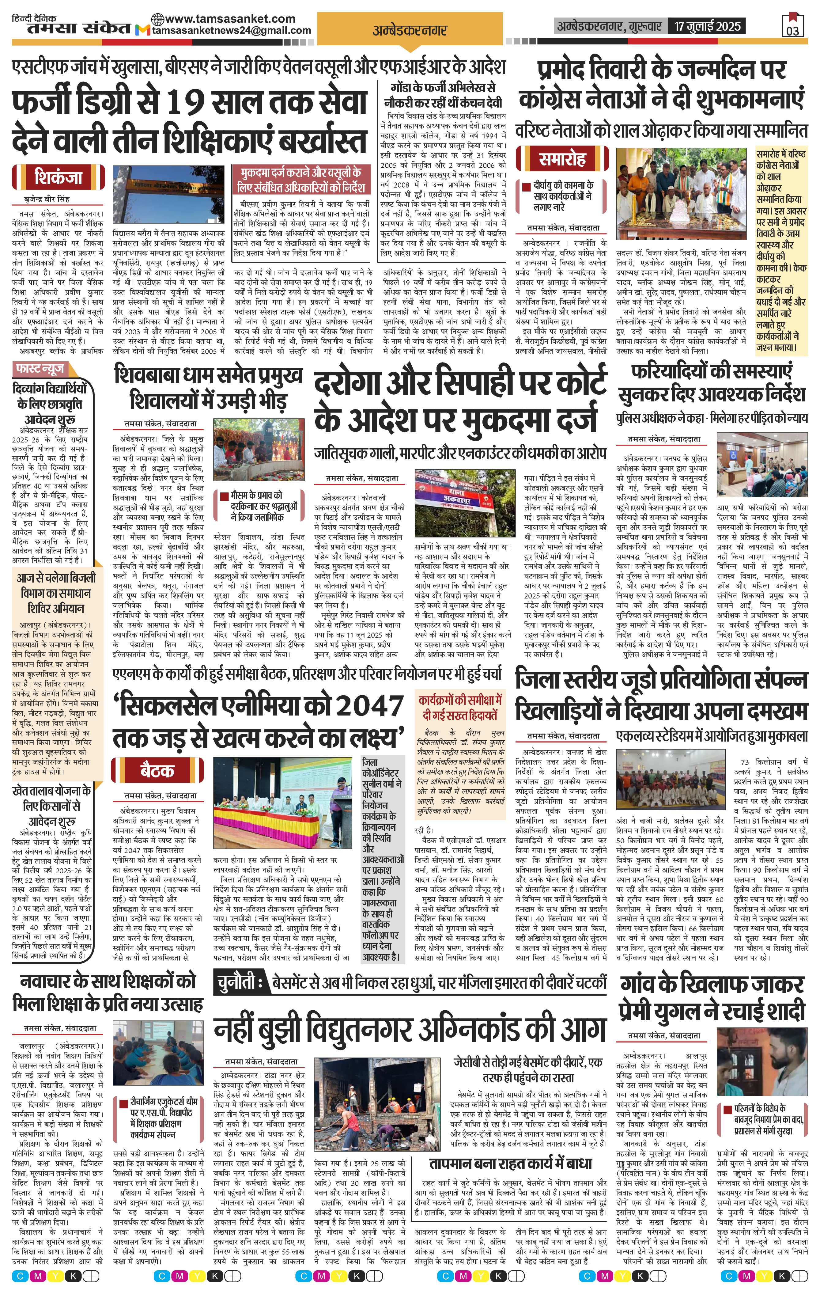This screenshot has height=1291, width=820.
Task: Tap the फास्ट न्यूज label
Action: click(x=40, y=369)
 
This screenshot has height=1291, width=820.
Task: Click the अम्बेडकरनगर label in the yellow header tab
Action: click(x=410, y=31)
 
